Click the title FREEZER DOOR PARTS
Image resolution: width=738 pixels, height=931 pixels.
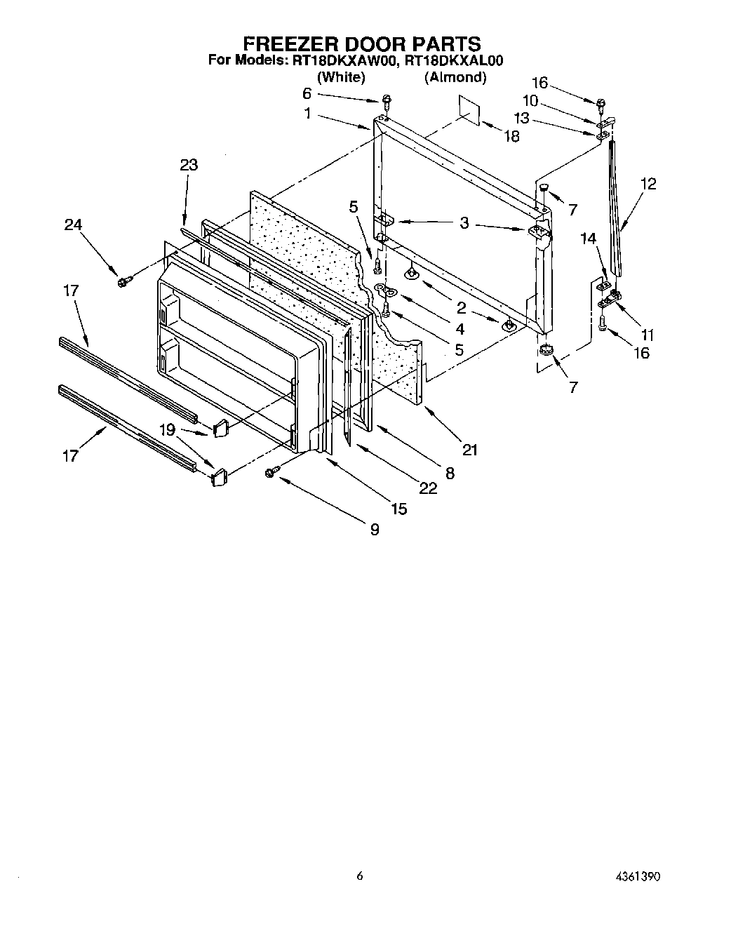point(361,44)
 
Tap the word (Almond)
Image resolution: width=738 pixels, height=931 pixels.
point(455,77)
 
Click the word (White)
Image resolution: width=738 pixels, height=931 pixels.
point(342,77)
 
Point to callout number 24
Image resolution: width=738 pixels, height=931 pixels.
point(73,225)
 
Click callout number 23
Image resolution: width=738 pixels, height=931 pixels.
point(188,165)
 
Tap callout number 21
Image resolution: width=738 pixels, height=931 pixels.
point(469,450)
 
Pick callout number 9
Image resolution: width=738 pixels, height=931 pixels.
point(374,530)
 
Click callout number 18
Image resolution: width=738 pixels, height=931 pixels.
point(511,137)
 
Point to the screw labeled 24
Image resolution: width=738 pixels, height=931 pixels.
point(124,281)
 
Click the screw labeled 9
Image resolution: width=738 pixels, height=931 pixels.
point(270,474)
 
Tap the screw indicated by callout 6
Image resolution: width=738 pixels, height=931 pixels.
point(386,100)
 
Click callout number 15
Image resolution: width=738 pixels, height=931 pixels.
point(398,509)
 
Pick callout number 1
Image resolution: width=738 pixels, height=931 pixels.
point(307,114)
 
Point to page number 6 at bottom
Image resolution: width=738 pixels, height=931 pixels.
point(360,876)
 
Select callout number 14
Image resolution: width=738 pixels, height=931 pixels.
point(587,239)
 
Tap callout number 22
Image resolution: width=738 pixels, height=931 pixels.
point(427,488)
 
